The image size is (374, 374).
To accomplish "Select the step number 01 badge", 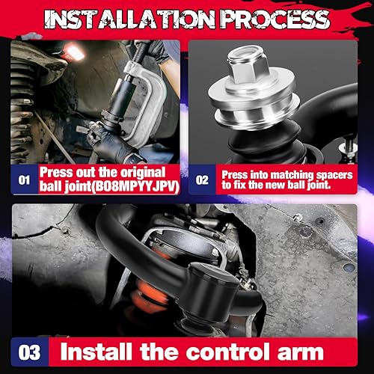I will click(x=24, y=180).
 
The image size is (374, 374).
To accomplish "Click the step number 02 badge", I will click(x=202, y=180).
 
